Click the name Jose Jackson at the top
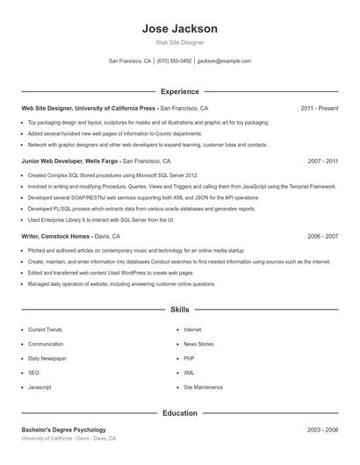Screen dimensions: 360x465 (x=179, y=29)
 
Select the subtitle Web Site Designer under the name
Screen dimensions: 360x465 (x=179, y=43)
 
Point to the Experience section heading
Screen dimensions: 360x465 (x=179, y=91)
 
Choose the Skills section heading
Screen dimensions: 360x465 (x=179, y=310)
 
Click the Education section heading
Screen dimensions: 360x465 (x=179, y=412)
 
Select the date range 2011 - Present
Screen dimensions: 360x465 (x=319, y=109)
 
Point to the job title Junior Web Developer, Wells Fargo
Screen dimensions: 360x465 (x=69, y=161)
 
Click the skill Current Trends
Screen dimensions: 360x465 (x=45, y=330)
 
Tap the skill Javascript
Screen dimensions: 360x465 (x=40, y=387)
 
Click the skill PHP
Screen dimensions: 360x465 (x=189, y=358)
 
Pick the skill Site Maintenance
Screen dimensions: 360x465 (x=203, y=387)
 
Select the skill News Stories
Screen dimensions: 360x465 (x=198, y=344)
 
